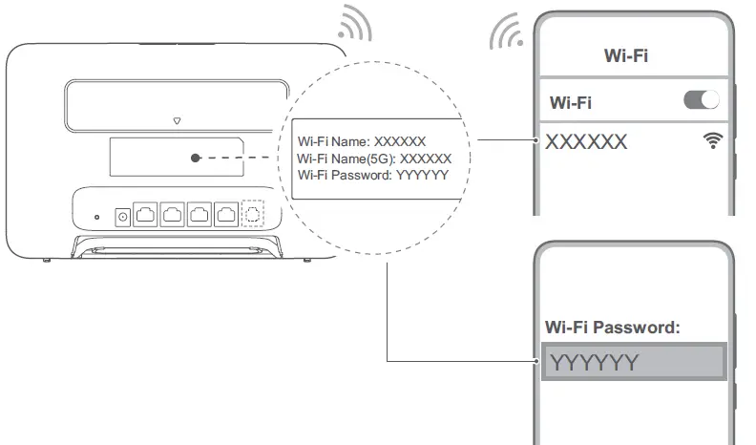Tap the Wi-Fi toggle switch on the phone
pos(702,100)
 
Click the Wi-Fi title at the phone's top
pos(626,56)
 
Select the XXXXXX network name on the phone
pos(586,141)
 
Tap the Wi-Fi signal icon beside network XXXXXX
pos(713,140)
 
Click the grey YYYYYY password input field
pos(634,362)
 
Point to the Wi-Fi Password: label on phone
pos(612,328)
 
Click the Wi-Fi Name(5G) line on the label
pos(374,159)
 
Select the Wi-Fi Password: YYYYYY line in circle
pos(372,175)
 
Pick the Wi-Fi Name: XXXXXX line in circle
pos(362,141)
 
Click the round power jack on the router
pos(123,217)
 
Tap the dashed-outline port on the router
pos(253,213)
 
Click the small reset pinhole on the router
pos(97,218)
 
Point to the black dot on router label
pos(196,158)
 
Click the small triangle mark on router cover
pos(177,120)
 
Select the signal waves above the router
pos(355,24)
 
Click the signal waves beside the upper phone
pos(506,32)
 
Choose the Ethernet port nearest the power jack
pos(145,214)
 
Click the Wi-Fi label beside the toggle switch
pos(571,103)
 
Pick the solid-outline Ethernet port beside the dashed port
pos(226,214)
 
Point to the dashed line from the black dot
pos(235,158)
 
